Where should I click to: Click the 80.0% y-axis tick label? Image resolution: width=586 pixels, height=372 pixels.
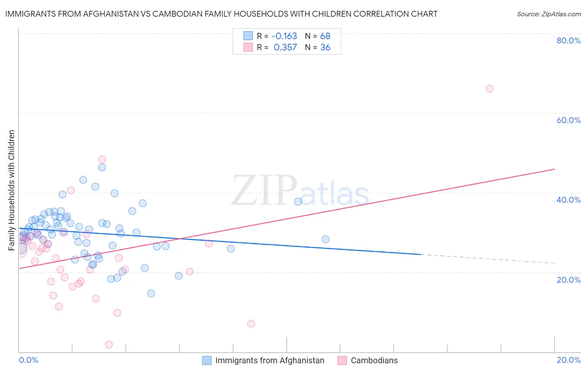(568, 40)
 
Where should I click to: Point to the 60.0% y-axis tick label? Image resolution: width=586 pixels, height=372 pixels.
(568, 120)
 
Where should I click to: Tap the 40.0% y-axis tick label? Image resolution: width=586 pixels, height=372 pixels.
(568, 200)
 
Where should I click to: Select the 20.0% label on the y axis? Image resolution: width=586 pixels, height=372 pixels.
(568, 279)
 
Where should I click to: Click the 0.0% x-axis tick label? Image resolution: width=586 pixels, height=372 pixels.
(28, 360)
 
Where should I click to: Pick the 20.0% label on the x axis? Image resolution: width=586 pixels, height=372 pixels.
(568, 360)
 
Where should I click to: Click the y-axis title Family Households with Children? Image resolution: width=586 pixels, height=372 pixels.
(12, 190)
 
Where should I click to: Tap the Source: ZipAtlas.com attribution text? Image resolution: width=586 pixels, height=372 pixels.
(548, 14)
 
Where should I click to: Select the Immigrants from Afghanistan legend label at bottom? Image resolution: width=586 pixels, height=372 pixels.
(270, 360)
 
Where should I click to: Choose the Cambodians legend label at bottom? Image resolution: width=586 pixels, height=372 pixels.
(374, 360)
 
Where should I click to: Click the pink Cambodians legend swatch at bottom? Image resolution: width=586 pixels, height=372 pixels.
(342, 360)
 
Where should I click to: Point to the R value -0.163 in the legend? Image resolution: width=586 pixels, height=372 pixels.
(284, 36)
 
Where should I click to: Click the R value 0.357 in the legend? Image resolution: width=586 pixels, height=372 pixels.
(285, 48)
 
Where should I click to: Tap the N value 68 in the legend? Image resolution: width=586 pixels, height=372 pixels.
(325, 36)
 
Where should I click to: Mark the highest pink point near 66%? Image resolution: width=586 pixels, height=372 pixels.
(490, 88)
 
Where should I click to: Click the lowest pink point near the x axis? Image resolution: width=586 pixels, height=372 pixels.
(109, 344)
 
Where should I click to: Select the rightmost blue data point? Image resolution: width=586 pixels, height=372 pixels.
(326, 239)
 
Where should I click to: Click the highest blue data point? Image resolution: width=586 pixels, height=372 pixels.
(102, 167)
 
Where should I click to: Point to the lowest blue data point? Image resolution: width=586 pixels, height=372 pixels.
(151, 294)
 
